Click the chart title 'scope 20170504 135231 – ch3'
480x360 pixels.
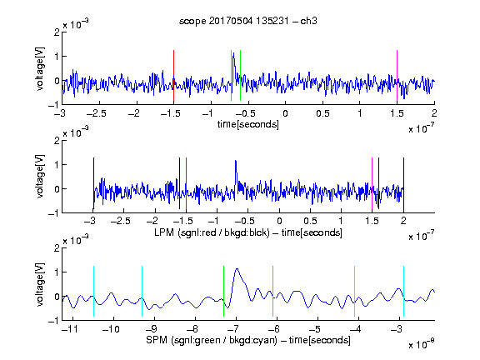tap(248, 21)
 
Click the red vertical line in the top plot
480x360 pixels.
tap(173, 76)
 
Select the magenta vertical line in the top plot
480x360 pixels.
tap(397, 76)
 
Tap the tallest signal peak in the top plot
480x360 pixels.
tap(234, 53)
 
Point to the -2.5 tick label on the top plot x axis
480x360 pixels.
tap(96, 113)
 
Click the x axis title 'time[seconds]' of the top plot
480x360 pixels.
tap(248, 124)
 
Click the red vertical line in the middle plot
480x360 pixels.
tap(186, 183)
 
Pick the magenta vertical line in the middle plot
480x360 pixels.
tap(372, 183)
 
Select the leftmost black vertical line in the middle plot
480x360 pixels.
tap(93, 183)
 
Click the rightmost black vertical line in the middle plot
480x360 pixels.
tap(403, 183)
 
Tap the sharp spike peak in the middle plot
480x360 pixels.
tap(235, 161)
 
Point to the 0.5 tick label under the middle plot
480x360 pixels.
tap(310, 221)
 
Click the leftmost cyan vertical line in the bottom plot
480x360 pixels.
tap(93, 291)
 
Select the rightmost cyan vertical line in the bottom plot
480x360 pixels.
tap(403, 291)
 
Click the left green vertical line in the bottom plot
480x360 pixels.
tap(224, 291)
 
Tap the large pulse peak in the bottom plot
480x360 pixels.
tap(237, 269)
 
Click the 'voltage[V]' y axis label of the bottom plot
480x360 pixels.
tap(40, 284)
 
